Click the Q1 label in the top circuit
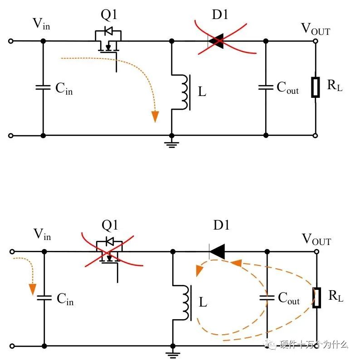coord(109,15)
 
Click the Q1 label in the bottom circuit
coord(109,225)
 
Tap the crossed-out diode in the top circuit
coord(217,41)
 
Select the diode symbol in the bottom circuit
coord(217,251)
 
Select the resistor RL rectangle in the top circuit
coord(316,87)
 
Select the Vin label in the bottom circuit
coord(42,235)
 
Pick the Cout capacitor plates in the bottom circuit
coord(266,298)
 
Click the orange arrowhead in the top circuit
coord(156,116)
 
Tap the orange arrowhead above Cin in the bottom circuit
coord(32,288)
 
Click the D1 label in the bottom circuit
coord(221,226)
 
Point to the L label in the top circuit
coord(202,92)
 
